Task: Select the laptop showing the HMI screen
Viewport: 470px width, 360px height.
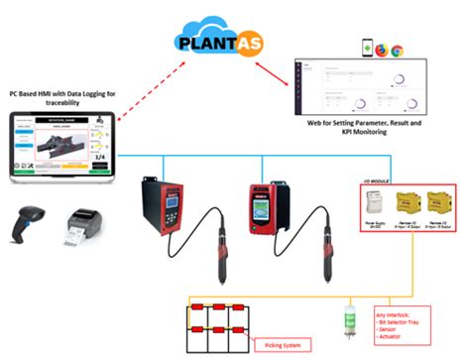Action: click(62, 148)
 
